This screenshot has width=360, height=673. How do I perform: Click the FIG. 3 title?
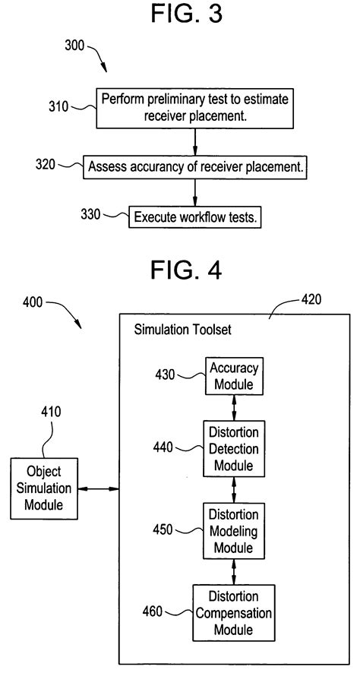[x=180, y=14]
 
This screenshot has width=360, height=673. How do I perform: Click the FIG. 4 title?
[x=180, y=270]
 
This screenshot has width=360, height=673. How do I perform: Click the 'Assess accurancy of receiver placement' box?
[x=196, y=168]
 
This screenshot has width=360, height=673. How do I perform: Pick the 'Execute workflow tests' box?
[x=196, y=216]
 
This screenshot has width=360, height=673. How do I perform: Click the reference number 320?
[x=46, y=164]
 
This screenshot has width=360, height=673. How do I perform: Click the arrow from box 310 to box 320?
[x=196, y=141]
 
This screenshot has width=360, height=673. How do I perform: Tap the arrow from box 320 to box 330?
[x=196, y=192]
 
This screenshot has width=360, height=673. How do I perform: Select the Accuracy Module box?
[x=234, y=377]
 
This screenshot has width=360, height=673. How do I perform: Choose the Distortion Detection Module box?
[x=234, y=448]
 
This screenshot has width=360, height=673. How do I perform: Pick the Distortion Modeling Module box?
[x=234, y=528]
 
